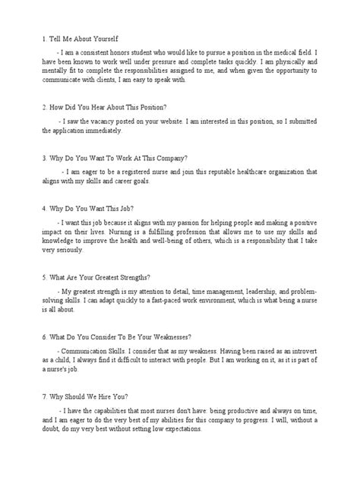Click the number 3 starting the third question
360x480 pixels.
click(25, 160)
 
